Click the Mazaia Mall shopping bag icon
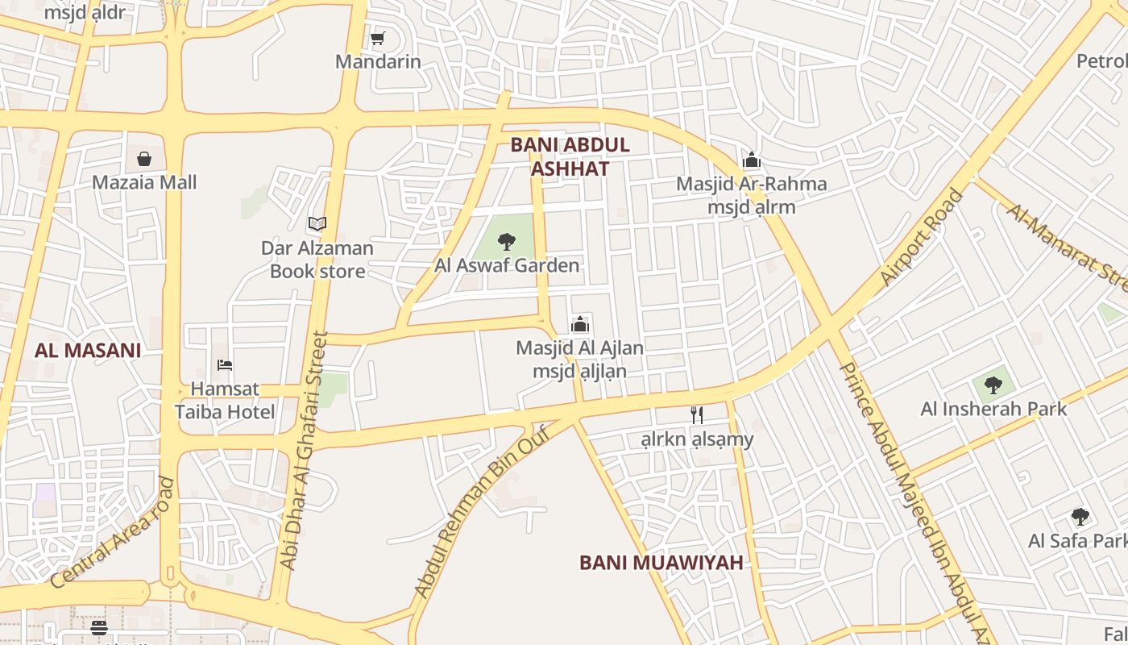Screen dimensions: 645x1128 point(144,158)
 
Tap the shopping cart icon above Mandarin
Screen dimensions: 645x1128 point(377,38)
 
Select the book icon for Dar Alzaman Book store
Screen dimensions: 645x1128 point(317,223)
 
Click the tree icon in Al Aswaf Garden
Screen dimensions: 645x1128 point(507,241)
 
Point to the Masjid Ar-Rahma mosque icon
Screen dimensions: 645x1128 point(752,160)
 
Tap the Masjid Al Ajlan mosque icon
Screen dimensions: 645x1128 point(580,325)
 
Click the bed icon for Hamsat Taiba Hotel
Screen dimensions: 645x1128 point(225,365)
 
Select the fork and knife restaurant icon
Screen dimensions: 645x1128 point(697,415)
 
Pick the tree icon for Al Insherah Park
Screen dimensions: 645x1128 point(993,385)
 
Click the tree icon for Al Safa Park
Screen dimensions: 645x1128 point(1080,517)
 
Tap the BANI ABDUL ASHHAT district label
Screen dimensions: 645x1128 point(570,156)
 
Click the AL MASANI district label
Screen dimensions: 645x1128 point(88,351)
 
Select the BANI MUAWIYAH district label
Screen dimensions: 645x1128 point(661,563)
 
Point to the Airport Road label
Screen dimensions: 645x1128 point(922,237)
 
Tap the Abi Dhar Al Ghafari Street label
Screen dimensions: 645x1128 point(304,451)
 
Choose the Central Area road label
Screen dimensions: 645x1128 point(112,532)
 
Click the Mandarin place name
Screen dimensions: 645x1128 point(378,61)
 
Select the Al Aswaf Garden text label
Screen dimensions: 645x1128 point(507,265)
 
